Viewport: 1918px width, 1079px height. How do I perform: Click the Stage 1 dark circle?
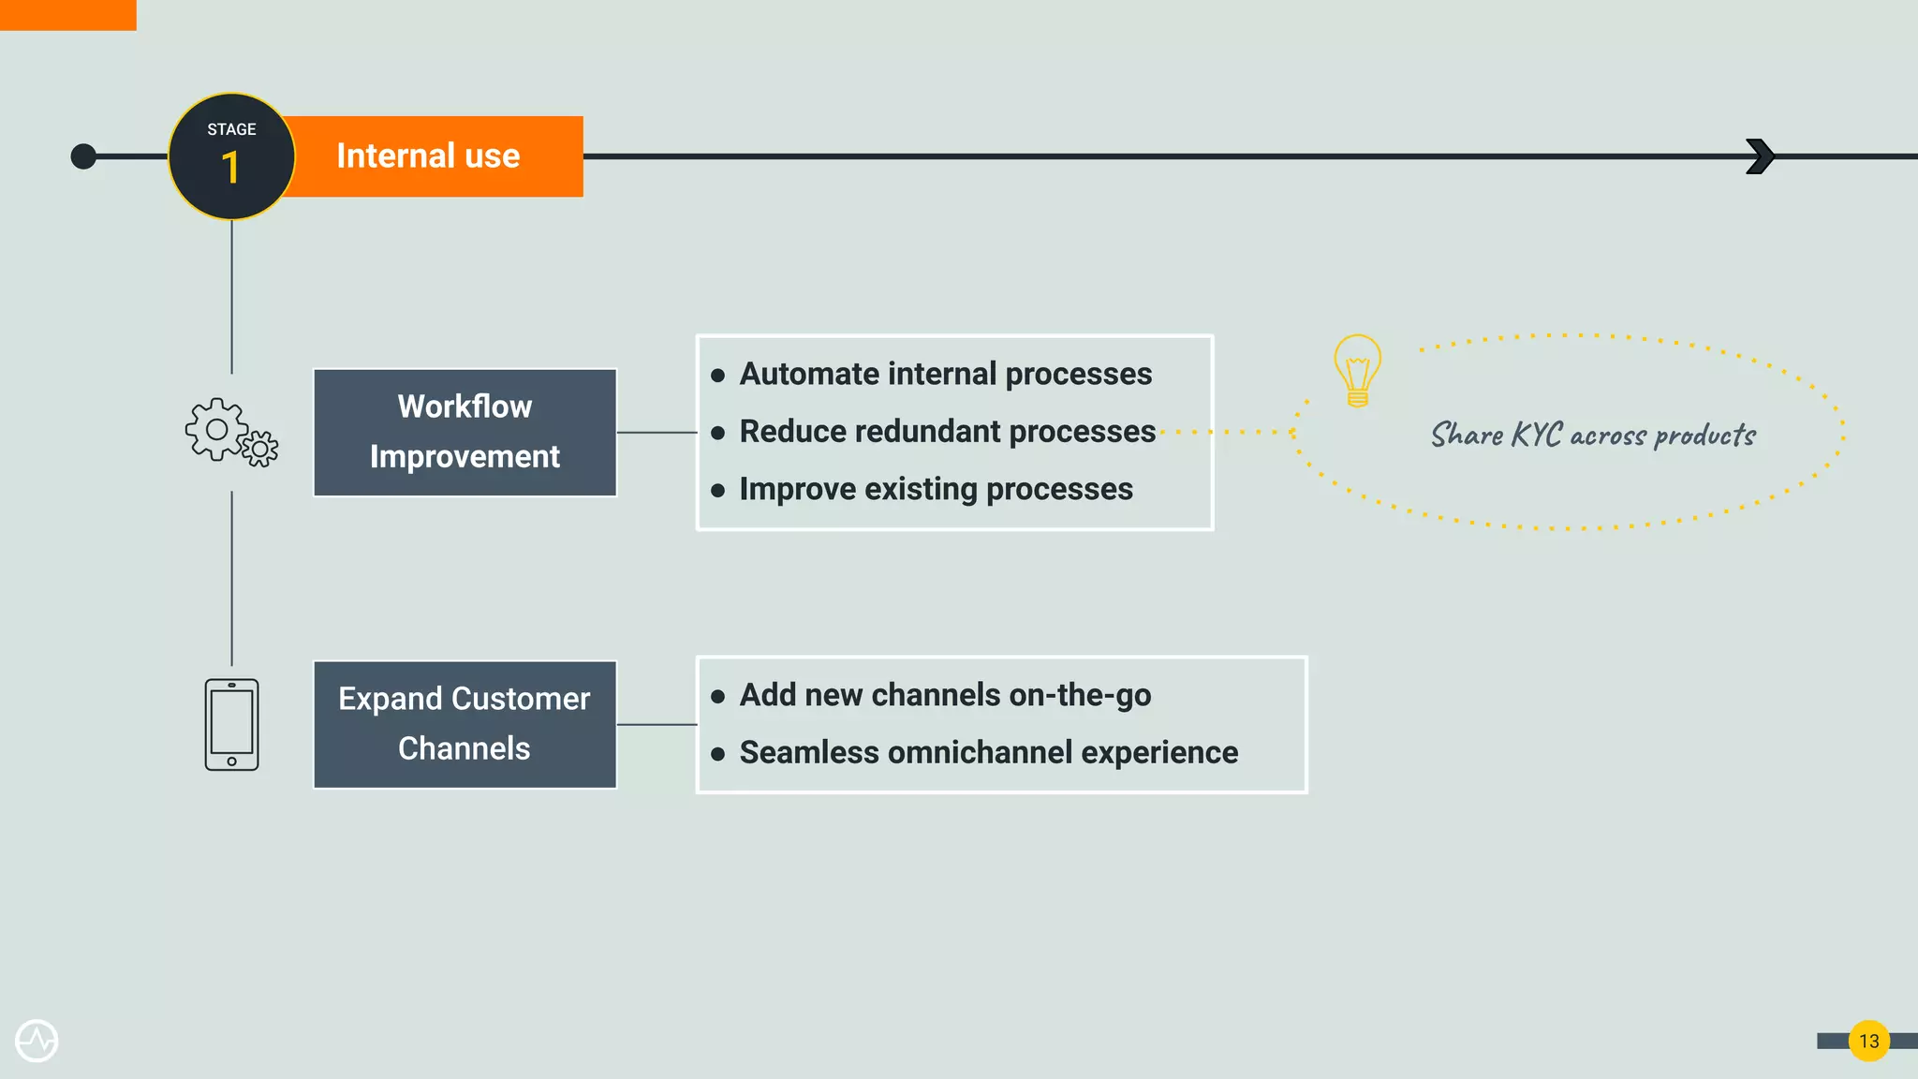231,156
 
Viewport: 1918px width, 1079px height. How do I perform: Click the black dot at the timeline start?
83,156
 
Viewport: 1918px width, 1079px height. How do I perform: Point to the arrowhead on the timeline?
1760,156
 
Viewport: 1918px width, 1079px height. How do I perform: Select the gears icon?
230,433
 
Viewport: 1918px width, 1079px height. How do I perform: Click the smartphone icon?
231,724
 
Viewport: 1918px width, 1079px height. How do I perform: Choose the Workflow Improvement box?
465,432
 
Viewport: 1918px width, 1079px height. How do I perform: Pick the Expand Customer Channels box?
465,724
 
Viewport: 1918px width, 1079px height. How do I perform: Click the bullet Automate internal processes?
945,374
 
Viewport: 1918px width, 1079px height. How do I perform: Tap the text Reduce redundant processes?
947,432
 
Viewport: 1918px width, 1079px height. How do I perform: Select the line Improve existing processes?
936,489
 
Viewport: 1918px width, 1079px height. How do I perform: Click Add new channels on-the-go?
945,695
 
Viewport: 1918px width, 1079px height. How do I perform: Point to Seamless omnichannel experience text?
988,753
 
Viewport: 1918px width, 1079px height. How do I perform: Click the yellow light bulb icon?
1357,369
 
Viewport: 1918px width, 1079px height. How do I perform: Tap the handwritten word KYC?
1536,435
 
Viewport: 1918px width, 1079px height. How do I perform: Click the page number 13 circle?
1868,1041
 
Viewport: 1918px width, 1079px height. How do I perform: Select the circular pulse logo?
37,1041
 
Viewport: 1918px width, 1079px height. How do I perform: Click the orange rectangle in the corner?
67,15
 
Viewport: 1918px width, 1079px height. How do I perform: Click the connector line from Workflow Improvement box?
657,433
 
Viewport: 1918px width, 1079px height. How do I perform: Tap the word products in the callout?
1704,436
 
